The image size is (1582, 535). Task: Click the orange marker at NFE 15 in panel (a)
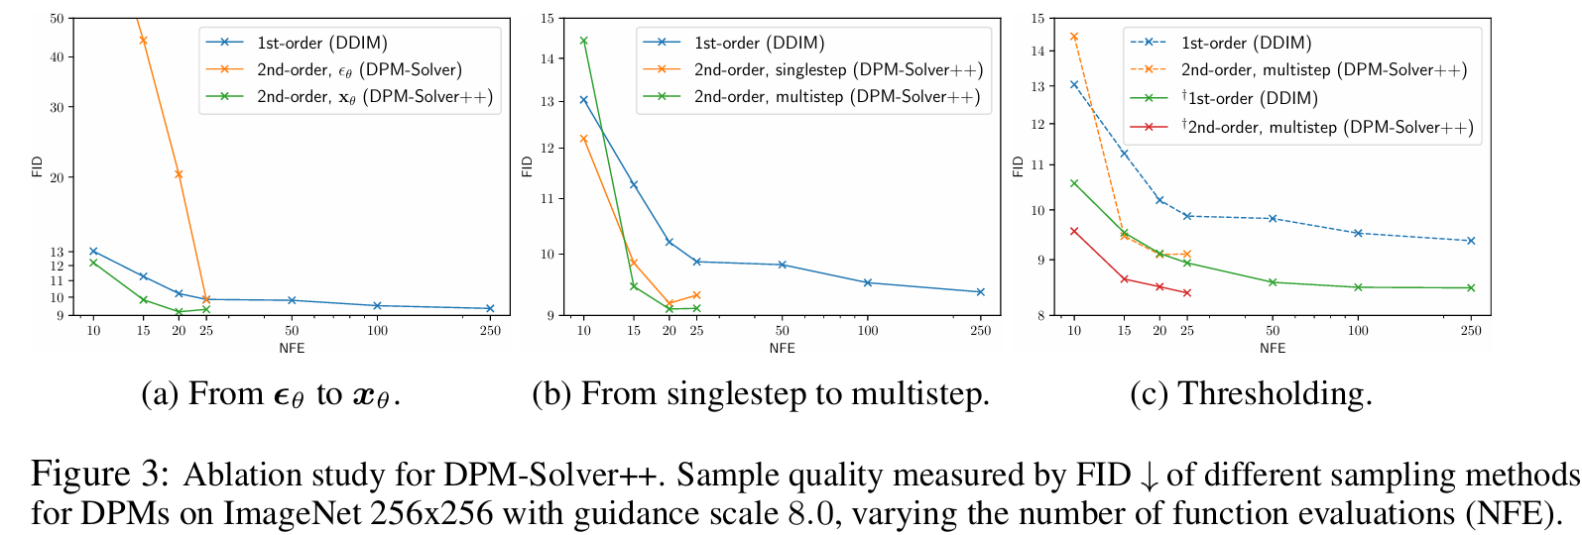(x=143, y=41)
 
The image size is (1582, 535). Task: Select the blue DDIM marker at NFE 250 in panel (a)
(x=490, y=308)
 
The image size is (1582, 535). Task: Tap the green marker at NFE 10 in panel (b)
(x=583, y=41)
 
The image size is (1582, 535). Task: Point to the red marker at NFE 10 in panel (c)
(x=1073, y=231)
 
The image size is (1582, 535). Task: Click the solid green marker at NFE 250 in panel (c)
(x=1471, y=288)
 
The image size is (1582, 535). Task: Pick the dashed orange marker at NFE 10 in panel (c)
(x=1073, y=37)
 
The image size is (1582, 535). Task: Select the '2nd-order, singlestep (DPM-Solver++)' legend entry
(x=837, y=69)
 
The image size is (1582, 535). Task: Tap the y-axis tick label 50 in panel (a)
(x=56, y=18)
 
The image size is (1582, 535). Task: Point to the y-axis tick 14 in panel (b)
(x=547, y=58)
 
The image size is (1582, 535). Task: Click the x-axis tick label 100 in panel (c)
(x=1358, y=330)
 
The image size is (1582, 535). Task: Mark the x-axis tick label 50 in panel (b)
(x=782, y=330)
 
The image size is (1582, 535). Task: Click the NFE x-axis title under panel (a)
(x=292, y=348)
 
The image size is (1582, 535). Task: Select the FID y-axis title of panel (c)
(x=1018, y=166)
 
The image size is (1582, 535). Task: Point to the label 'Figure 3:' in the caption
(x=94, y=475)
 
